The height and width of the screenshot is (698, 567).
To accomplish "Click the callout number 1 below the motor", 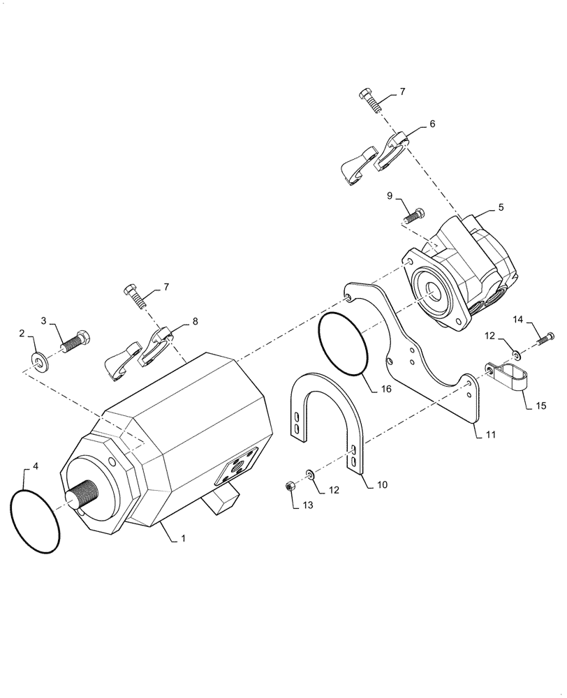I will (x=184, y=540).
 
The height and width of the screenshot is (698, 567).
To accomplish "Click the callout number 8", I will (x=194, y=321).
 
